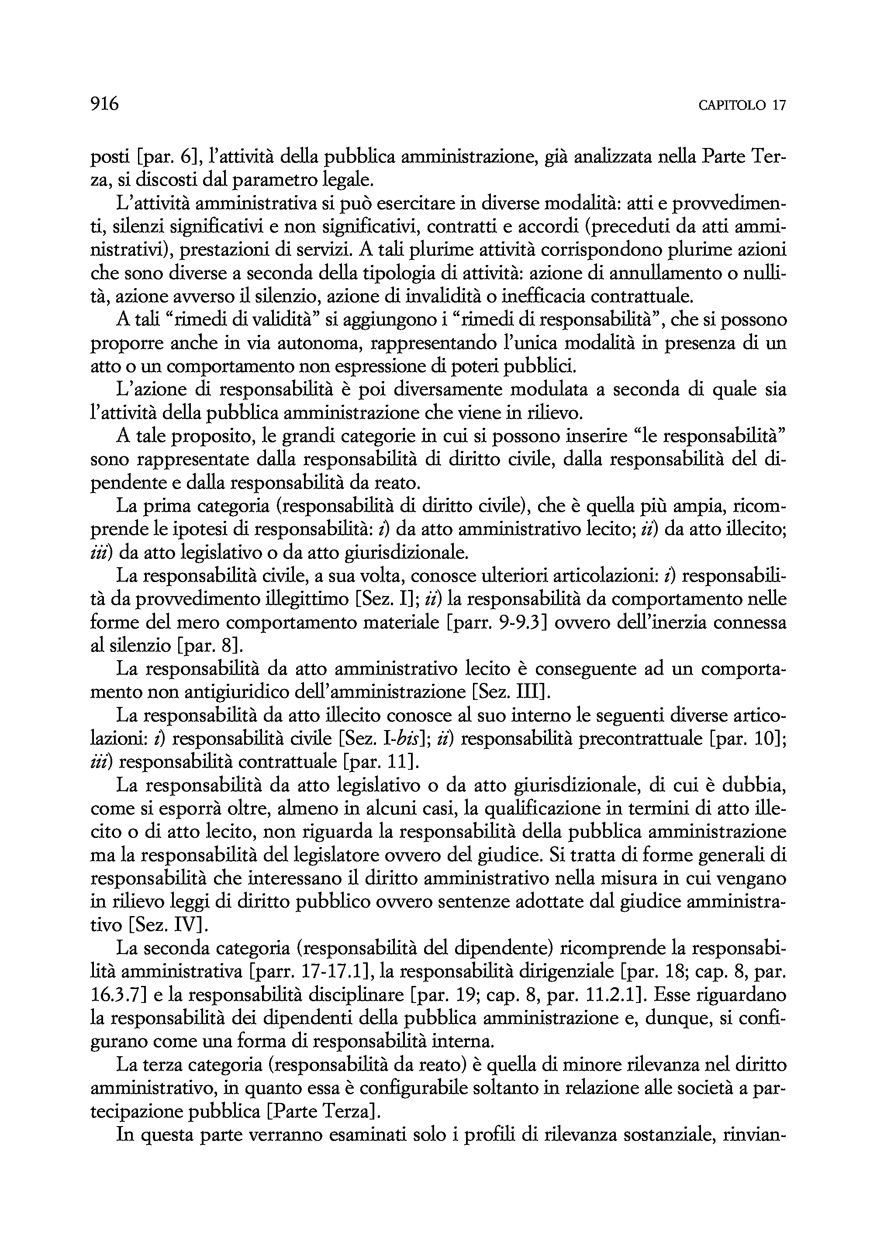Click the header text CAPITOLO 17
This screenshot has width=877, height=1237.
(742, 105)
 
